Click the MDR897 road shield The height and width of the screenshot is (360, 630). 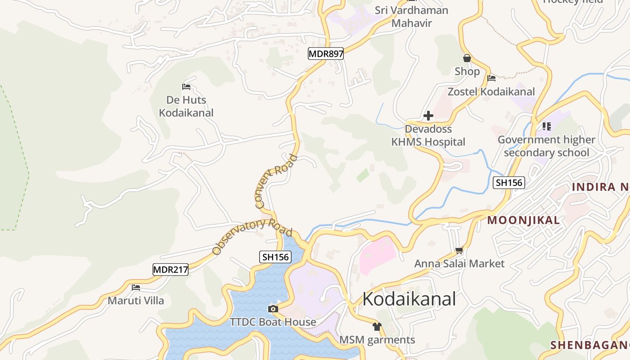click(x=326, y=54)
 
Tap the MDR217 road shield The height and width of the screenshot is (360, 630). click(x=170, y=270)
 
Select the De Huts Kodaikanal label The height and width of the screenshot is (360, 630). click(x=186, y=106)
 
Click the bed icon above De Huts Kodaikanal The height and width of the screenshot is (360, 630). click(x=186, y=86)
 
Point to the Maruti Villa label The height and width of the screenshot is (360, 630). click(x=136, y=300)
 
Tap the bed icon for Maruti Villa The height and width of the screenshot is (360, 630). click(x=136, y=287)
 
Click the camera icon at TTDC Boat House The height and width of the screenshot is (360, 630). click(x=273, y=309)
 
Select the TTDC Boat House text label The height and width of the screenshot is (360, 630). click(x=273, y=322)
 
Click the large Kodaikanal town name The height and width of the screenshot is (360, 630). click(x=409, y=299)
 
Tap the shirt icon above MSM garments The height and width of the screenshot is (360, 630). click(x=377, y=327)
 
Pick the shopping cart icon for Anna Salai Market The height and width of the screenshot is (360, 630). click(x=459, y=250)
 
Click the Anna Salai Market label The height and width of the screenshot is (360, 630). click(x=459, y=263)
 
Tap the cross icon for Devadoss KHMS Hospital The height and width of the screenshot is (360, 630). click(x=428, y=116)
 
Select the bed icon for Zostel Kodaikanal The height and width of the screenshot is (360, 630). click(x=491, y=78)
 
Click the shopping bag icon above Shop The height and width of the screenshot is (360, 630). click(x=467, y=58)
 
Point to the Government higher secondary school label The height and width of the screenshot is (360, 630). click(x=546, y=146)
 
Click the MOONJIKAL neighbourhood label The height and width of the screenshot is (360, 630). click(x=524, y=220)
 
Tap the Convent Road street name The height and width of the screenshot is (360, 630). click(x=276, y=181)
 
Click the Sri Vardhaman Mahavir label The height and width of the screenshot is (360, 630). click(x=412, y=17)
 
